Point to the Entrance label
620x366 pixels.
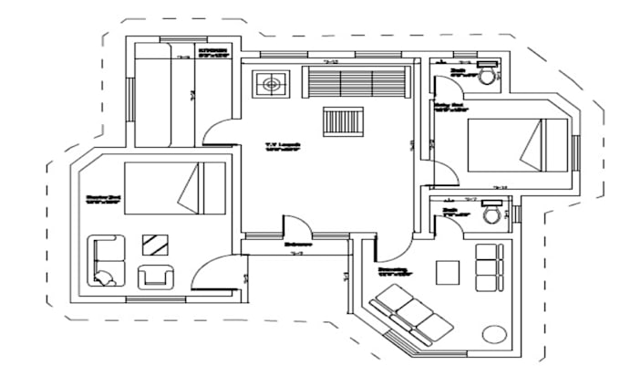(x=297, y=245)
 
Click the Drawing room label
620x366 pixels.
(x=393, y=270)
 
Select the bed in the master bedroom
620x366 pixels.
(x=174, y=188)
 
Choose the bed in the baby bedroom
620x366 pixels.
(x=505, y=145)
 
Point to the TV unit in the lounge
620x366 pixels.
(x=270, y=85)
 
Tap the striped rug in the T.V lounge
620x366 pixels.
(x=343, y=121)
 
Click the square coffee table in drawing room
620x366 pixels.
(x=447, y=272)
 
